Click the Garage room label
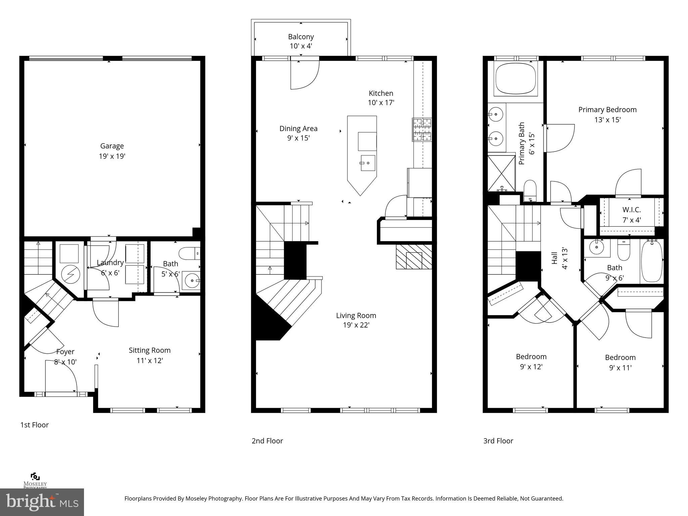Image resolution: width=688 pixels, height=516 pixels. tap(112, 151)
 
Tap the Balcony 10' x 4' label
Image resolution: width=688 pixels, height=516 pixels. tap(301, 41)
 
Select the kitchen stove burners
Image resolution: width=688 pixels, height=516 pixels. tap(422, 129)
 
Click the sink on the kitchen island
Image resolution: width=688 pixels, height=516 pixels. tap(368, 163)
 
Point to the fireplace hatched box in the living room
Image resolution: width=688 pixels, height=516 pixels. tap(414, 257)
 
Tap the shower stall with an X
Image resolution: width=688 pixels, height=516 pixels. tap(501, 173)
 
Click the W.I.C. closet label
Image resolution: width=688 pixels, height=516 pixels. tap(632, 215)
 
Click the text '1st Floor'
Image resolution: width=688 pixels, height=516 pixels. tap(35, 425)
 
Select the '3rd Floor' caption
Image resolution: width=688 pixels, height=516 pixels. tap(498, 441)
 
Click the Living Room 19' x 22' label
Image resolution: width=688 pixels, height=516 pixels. tap(356, 320)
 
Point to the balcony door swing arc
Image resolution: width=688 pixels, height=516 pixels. tap(305, 76)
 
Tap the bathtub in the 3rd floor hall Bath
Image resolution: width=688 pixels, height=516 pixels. tap(652, 261)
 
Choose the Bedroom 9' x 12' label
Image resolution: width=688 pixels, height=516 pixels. tap(531, 361)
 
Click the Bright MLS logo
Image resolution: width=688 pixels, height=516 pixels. tap(42, 502)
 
